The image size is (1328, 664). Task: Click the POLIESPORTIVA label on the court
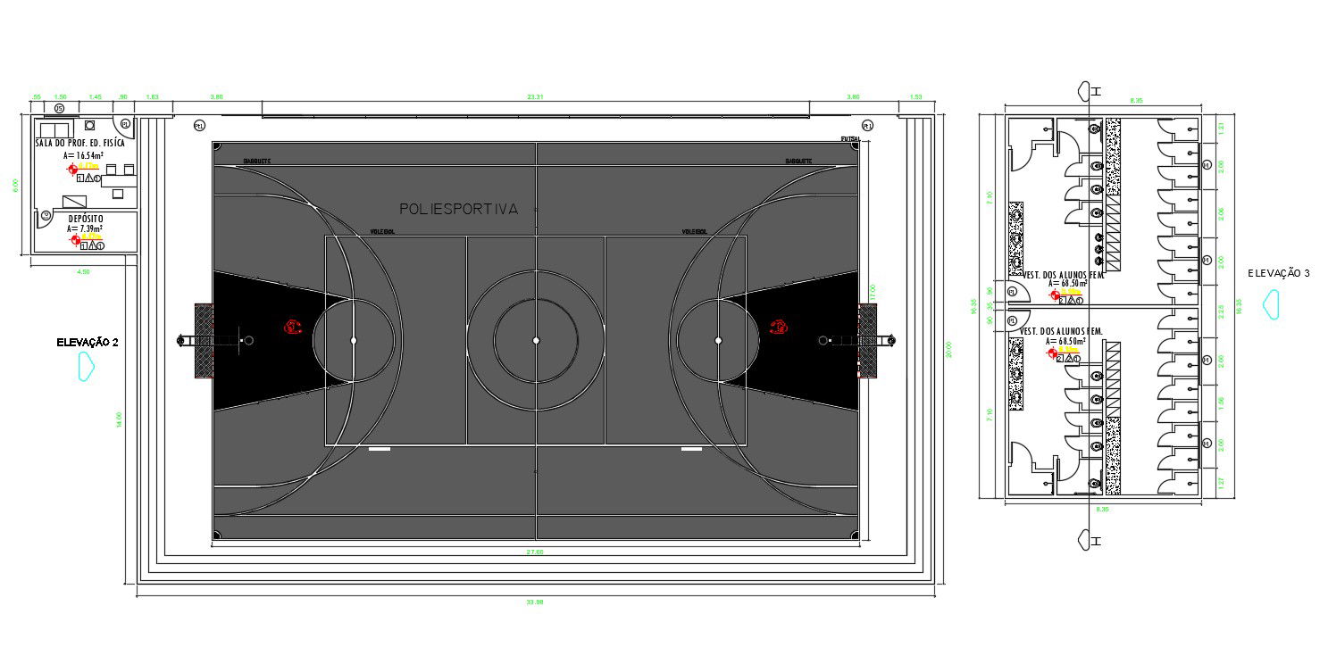pyautogui.click(x=458, y=209)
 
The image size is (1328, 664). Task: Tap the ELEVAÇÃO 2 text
pyautogui.click(x=88, y=342)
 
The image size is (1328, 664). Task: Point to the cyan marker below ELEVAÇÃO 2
pyautogui.click(x=87, y=366)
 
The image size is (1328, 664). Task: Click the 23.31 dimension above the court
pyautogui.click(x=535, y=96)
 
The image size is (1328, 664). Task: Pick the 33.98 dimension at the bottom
pyautogui.click(x=535, y=602)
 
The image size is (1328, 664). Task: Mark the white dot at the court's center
pyautogui.click(x=536, y=340)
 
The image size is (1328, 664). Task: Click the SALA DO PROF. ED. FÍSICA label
pyautogui.click(x=80, y=143)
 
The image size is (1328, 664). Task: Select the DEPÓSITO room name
pyautogui.click(x=86, y=218)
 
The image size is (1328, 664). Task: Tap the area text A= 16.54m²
pyautogui.click(x=83, y=154)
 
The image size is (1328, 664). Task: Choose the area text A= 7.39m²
pyautogui.click(x=85, y=228)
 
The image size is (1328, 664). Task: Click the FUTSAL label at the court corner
pyautogui.click(x=850, y=139)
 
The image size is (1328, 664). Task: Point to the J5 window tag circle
pyautogui.click(x=59, y=108)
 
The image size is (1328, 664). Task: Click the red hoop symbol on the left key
pyautogui.click(x=292, y=327)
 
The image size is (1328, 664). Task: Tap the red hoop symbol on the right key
pyautogui.click(x=779, y=327)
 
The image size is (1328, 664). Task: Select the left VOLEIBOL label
pyautogui.click(x=382, y=231)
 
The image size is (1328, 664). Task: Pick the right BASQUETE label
pyautogui.click(x=798, y=162)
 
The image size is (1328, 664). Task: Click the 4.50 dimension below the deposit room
pyautogui.click(x=84, y=271)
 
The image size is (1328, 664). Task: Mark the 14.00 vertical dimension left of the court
pyautogui.click(x=118, y=419)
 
